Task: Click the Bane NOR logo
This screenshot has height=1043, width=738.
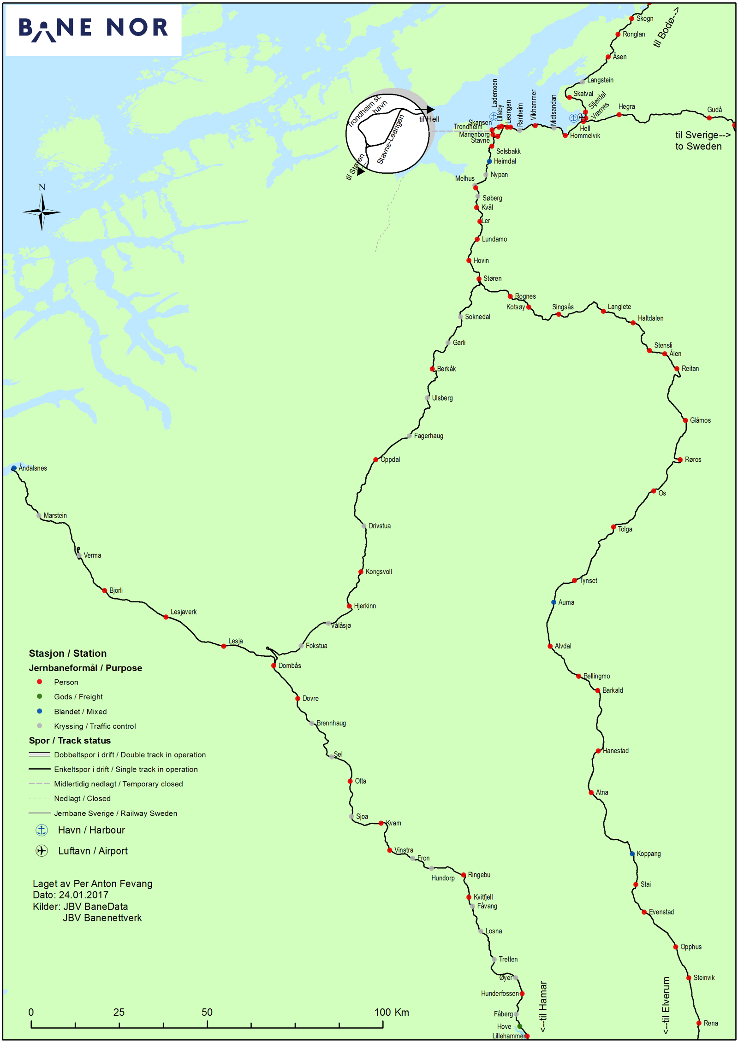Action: pyautogui.click(x=93, y=29)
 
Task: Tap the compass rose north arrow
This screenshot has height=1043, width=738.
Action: pyautogui.click(x=42, y=212)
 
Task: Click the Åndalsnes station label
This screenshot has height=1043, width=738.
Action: pyautogui.click(x=33, y=468)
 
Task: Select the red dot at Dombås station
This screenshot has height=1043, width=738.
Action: pyautogui.click(x=274, y=665)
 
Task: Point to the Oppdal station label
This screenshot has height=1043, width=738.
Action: pyautogui.click(x=390, y=460)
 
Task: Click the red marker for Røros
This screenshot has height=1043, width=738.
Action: pyautogui.click(x=680, y=460)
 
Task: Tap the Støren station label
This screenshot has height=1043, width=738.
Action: pyautogui.click(x=492, y=278)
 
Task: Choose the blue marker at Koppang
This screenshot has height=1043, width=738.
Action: pyautogui.click(x=632, y=854)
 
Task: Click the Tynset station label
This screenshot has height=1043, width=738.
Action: pyautogui.click(x=589, y=580)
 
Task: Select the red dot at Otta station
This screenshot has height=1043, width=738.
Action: pyautogui.click(x=350, y=781)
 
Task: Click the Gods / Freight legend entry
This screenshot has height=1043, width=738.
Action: pyautogui.click(x=78, y=696)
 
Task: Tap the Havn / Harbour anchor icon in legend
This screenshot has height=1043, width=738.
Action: pyautogui.click(x=42, y=830)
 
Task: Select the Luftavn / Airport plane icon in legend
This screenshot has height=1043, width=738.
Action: pyautogui.click(x=42, y=850)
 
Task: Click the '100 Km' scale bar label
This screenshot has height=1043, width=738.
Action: pyautogui.click(x=391, y=1012)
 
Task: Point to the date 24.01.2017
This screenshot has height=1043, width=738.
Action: pyautogui.click(x=83, y=895)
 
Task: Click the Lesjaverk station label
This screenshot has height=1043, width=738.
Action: pyautogui.click(x=184, y=612)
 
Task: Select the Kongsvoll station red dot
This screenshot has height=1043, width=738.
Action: pyautogui.click(x=361, y=572)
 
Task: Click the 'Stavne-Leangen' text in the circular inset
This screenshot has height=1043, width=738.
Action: pyautogui.click(x=390, y=139)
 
